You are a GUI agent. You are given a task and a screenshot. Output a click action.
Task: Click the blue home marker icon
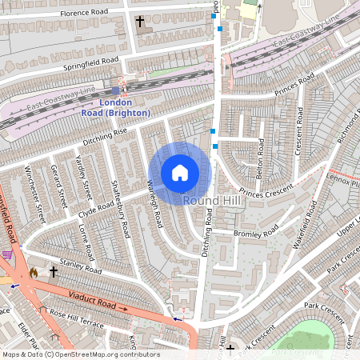pos(180,173)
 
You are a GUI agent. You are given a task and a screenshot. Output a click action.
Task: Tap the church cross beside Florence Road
pos(141,21)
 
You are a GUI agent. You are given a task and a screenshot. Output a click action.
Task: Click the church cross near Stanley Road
pos(54,272)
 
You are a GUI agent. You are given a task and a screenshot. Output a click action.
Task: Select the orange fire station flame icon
pos(34,273)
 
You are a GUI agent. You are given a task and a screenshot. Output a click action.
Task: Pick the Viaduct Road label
pos(98,301)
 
